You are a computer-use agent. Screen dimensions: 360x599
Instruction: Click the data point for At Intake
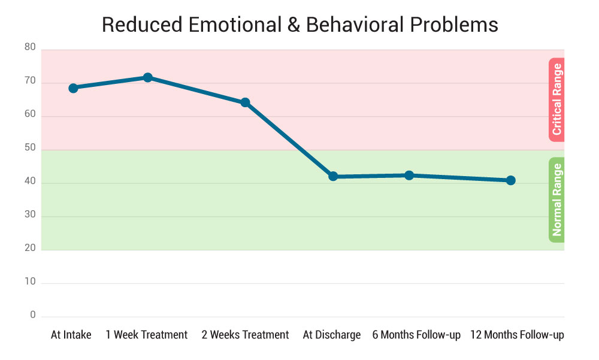[x=73, y=88]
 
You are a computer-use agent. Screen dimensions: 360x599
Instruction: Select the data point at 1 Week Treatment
[x=147, y=77]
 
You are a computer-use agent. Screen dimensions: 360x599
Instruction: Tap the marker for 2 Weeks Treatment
[x=245, y=102]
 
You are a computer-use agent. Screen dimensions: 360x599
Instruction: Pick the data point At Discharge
[x=333, y=177]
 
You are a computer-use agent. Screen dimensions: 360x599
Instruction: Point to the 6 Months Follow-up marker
[x=409, y=176]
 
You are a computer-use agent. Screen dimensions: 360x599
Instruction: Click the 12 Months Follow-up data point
[x=510, y=180]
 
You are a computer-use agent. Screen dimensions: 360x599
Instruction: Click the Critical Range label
[x=556, y=99]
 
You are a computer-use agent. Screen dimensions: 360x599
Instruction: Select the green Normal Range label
[x=556, y=199]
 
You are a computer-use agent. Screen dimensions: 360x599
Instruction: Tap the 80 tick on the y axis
[x=30, y=47]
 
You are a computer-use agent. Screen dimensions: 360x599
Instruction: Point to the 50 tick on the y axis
[x=30, y=148]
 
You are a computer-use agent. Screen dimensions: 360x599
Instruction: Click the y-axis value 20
[x=30, y=248]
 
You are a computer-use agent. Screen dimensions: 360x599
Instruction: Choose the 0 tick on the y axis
[x=33, y=315]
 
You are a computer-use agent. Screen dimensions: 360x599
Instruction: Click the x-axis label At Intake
[x=71, y=335]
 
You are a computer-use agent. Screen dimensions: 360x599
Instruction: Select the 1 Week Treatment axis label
[x=147, y=335]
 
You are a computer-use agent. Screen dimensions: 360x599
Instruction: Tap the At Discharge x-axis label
[x=332, y=335]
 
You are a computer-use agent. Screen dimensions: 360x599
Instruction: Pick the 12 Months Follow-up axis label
[x=517, y=335]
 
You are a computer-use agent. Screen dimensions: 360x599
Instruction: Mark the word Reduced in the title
[x=139, y=25]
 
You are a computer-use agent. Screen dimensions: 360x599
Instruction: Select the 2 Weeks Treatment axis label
[x=246, y=335]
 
